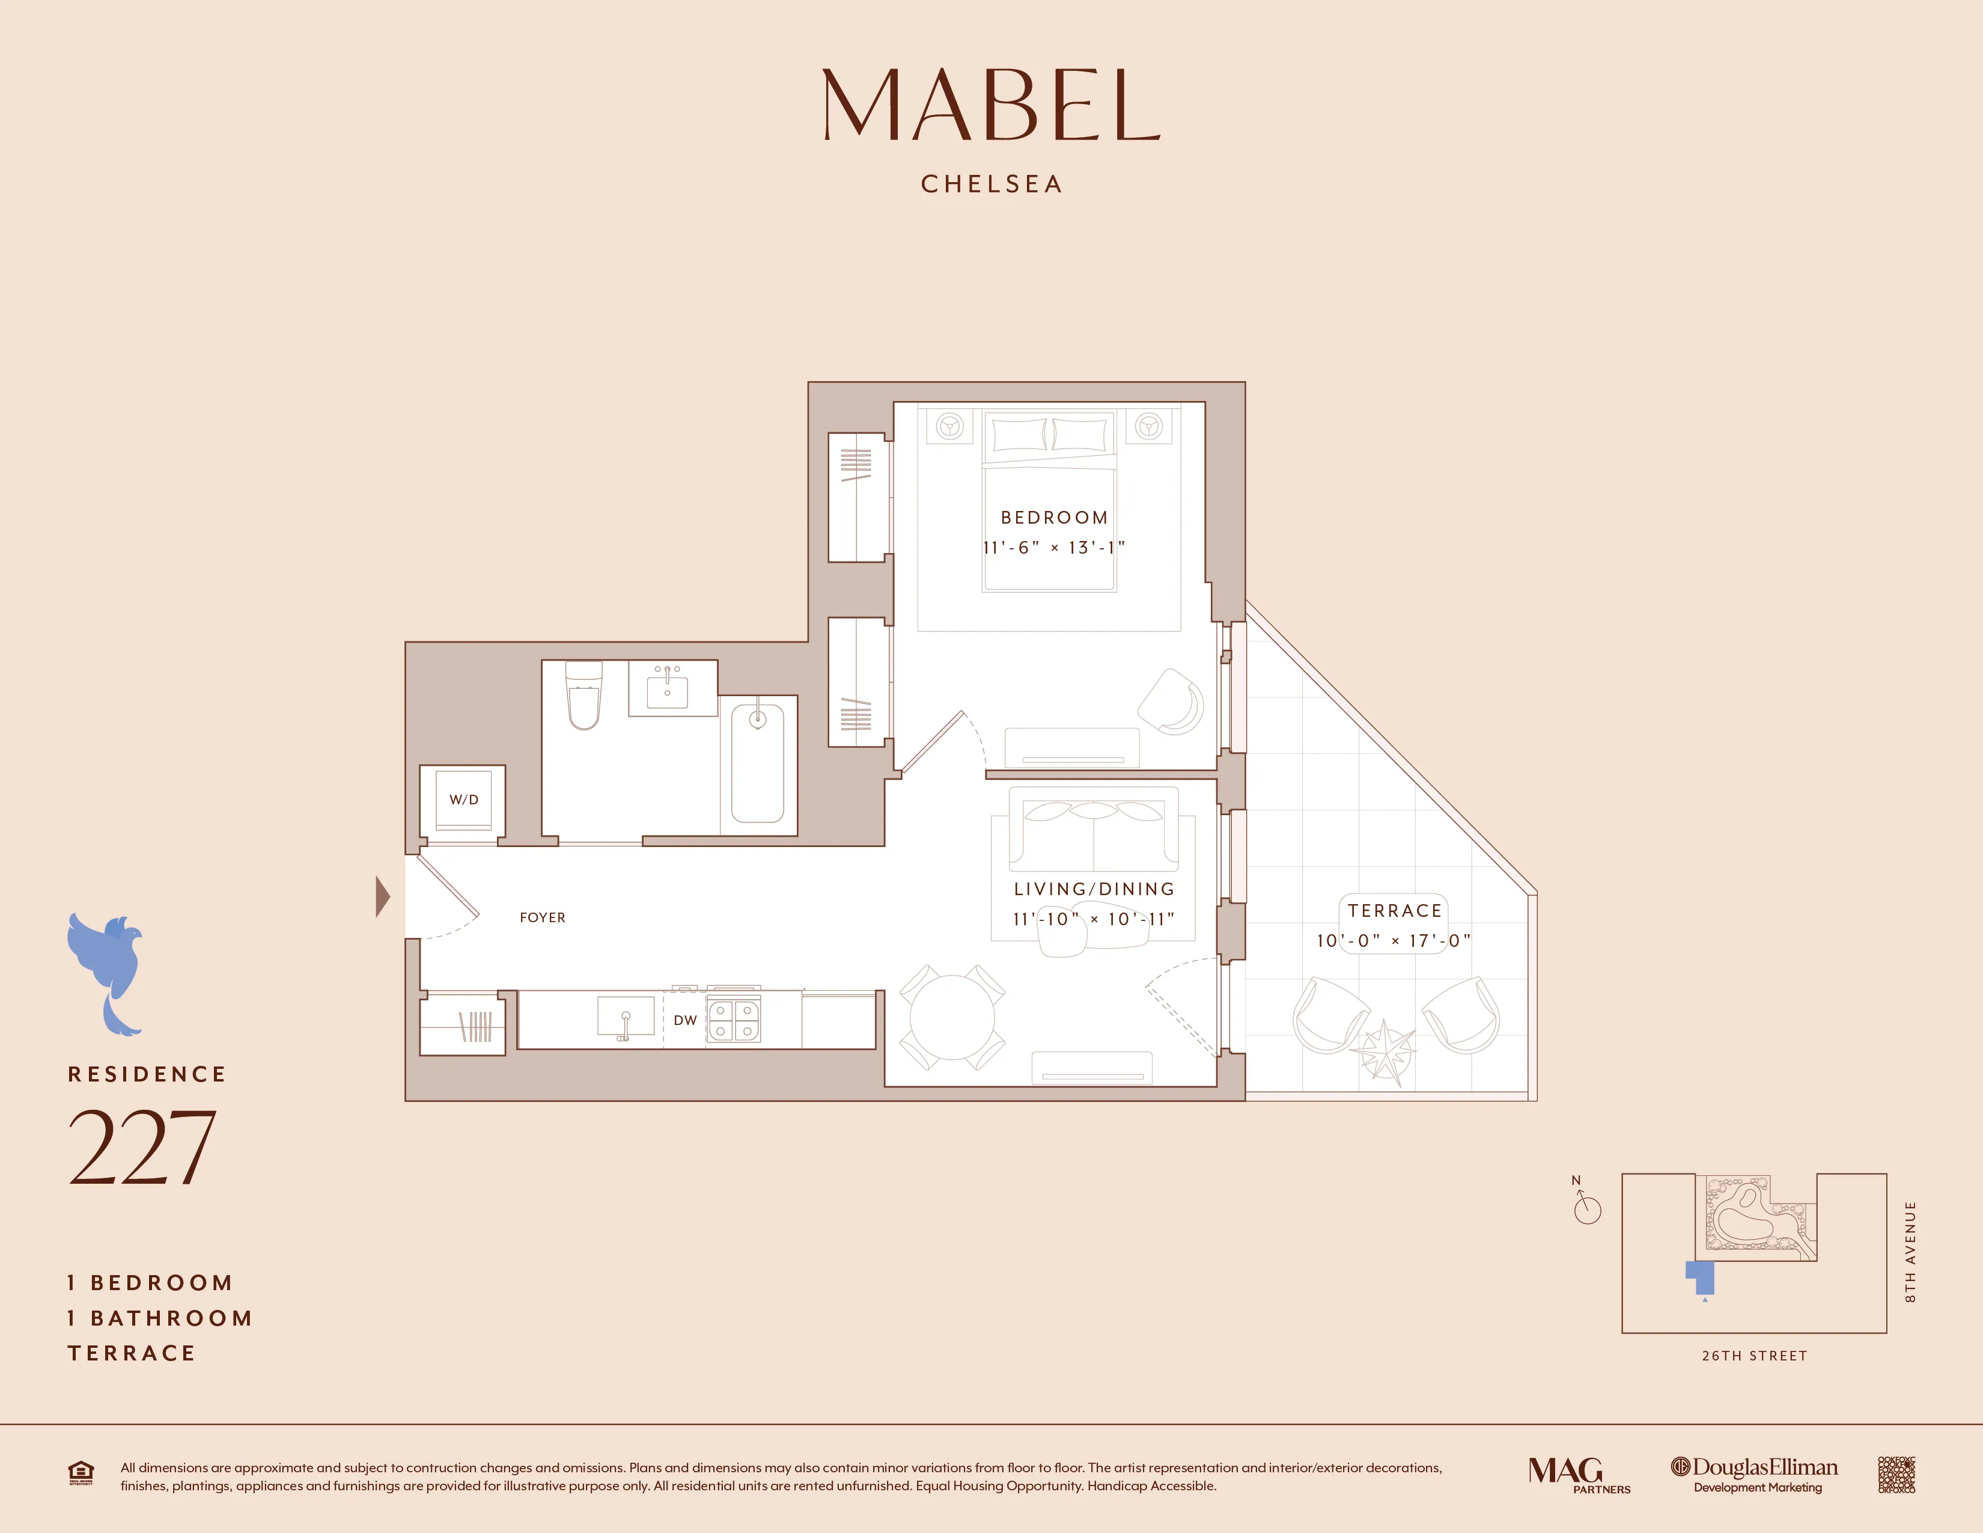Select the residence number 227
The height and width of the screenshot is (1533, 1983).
142,1149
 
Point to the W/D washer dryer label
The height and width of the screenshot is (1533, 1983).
463,799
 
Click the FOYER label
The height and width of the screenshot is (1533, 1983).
542,917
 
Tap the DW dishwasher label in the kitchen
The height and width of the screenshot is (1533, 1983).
684,1020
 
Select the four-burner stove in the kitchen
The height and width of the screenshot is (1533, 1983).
734,1020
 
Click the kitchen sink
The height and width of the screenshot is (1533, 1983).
626,1017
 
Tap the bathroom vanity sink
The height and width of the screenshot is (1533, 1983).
668,690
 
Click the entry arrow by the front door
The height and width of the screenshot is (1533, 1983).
383,896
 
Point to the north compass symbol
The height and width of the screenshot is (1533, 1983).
1586,1206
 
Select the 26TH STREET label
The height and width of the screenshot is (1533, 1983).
1754,1356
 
